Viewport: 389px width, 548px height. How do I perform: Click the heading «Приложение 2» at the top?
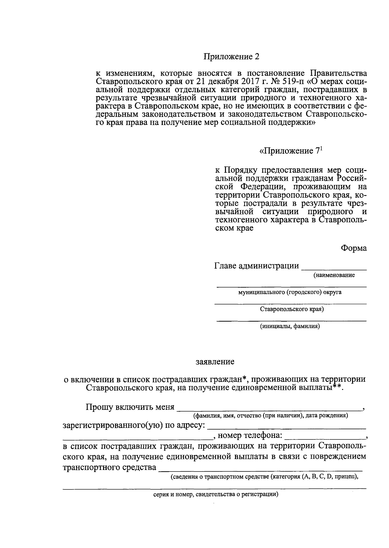click(x=232, y=57)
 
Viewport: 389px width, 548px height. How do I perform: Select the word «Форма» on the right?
click(x=353, y=248)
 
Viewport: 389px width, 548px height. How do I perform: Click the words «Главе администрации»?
click(x=256, y=266)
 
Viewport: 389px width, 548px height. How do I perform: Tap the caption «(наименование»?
click(x=334, y=275)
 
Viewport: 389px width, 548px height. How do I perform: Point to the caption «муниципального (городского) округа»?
click(x=290, y=292)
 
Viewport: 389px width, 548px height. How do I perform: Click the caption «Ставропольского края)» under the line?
click(x=292, y=309)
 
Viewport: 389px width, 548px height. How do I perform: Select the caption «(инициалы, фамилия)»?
click(x=290, y=326)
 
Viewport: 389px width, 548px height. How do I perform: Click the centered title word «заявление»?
click(x=215, y=361)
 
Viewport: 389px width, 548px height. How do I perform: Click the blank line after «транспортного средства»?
click(x=261, y=470)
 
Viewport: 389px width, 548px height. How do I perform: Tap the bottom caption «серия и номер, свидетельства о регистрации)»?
click(x=216, y=495)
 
